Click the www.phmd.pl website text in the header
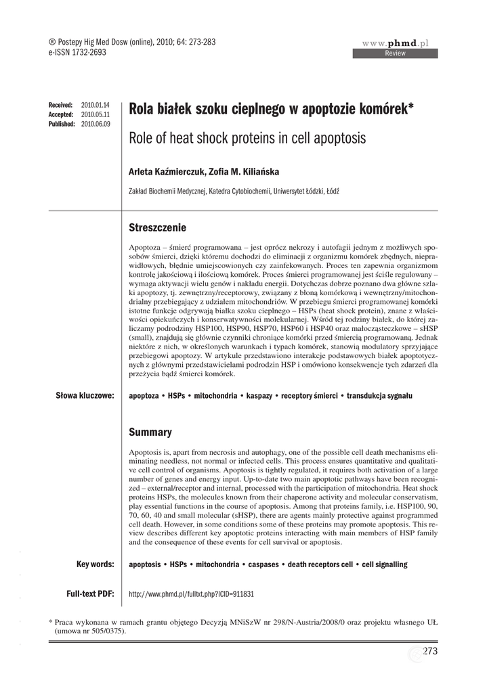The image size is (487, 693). tap(400, 43)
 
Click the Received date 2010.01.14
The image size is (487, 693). tap(95, 106)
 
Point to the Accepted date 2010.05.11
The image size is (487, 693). tap(95, 115)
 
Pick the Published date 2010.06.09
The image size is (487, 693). tap(96, 125)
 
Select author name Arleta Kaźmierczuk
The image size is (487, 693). tap(166, 172)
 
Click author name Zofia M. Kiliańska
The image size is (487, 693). tap(240, 172)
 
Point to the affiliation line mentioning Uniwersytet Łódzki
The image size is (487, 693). tap(234, 192)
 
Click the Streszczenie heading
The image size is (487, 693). tap(157, 227)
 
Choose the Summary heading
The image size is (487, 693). tap(150, 432)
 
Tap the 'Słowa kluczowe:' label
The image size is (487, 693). tap(85, 395)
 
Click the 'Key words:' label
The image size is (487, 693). tap(95, 564)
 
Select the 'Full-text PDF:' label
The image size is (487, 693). tap(90, 594)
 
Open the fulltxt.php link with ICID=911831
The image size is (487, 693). tap(191, 594)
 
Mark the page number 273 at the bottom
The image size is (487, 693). tap(430, 651)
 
